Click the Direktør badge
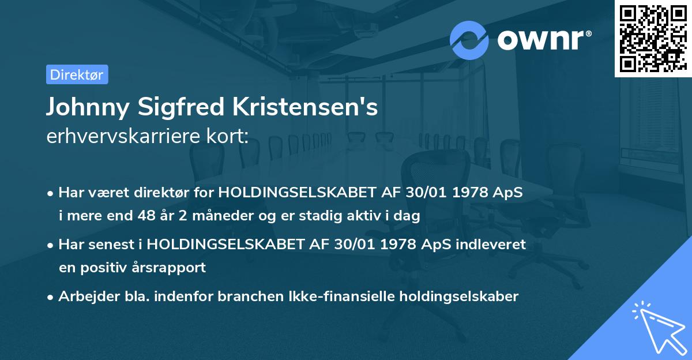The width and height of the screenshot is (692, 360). pyautogui.click(x=77, y=74)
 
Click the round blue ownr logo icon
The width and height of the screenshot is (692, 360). pyautogui.click(x=469, y=40)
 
